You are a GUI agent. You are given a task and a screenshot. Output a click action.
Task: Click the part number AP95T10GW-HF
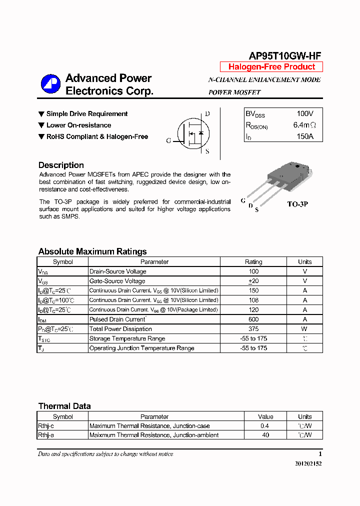(x=285, y=56)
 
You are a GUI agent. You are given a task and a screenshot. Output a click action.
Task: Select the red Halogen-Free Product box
(x=271, y=67)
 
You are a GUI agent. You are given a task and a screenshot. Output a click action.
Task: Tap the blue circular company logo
(x=50, y=84)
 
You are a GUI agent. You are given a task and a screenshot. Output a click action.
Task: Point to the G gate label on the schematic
(x=169, y=141)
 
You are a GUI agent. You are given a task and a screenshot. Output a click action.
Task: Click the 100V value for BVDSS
(x=304, y=114)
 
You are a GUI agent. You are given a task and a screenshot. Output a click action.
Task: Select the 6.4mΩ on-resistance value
(x=304, y=125)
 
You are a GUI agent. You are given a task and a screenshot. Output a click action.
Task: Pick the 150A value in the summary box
(x=304, y=136)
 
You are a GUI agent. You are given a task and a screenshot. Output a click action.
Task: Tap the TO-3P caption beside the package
(x=297, y=204)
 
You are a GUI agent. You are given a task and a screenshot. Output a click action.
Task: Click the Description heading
(x=61, y=165)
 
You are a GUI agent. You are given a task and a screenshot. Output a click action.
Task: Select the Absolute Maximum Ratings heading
(x=92, y=251)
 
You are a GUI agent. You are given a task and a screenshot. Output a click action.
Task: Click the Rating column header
(x=253, y=261)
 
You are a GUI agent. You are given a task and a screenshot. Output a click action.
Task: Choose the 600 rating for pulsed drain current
(x=253, y=319)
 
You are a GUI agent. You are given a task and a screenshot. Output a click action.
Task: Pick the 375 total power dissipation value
(x=253, y=329)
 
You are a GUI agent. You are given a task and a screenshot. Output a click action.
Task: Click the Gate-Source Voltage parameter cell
(x=117, y=281)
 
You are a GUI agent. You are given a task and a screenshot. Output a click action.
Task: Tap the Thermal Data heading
(x=64, y=406)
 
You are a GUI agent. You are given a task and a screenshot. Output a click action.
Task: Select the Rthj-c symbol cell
(x=46, y=426)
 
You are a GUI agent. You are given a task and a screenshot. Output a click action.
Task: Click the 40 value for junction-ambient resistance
(x=265, y=435)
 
